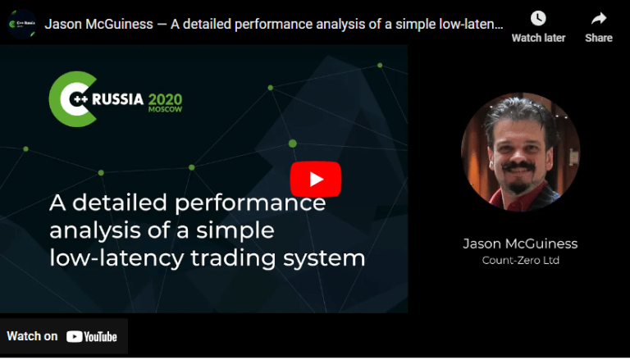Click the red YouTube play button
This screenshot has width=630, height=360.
(x=315, y=180)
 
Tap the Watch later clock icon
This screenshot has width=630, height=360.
(x=538, y=18)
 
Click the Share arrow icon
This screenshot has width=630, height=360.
(x=599, y=18)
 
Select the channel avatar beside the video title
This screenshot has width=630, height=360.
(x=21, y=24)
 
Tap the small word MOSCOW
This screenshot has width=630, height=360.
(x=165, y=111)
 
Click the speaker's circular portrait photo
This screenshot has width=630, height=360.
(x=520, y=152)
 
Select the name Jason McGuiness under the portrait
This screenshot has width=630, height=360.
(x=520, y=244)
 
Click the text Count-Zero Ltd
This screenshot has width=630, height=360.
(x=520, y=260)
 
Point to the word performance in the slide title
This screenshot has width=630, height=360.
(x=257, y=202)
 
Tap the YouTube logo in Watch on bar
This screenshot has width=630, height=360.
(x=92, y=336)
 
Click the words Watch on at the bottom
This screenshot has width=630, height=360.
(x=32, y=336)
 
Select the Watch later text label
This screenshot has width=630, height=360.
(x=538, y=38)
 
